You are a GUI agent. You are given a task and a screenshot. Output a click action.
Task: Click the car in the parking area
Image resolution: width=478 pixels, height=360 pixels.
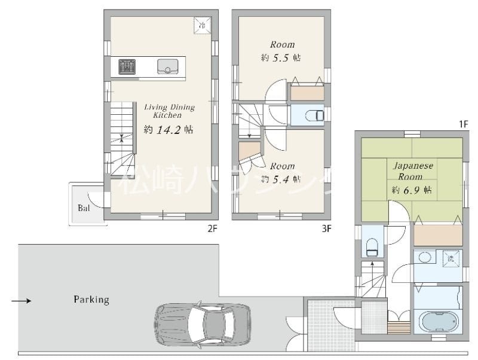[203, 324]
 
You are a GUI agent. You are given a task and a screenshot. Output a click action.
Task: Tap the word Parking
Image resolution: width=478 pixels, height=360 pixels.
[91, 299]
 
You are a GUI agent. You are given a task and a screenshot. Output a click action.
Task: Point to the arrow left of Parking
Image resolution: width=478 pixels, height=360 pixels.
[22, 300]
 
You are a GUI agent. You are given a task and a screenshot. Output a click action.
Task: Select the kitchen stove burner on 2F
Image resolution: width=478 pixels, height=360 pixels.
[127, 66]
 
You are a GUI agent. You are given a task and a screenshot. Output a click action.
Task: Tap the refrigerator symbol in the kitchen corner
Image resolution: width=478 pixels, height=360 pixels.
[202, 25]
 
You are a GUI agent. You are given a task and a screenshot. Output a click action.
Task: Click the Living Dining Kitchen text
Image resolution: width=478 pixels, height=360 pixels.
[169, 111]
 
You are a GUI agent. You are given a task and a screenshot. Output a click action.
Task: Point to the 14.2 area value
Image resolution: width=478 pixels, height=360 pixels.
[167, 130]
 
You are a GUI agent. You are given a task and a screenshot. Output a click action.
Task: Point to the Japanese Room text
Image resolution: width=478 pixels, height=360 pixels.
[412, 170]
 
